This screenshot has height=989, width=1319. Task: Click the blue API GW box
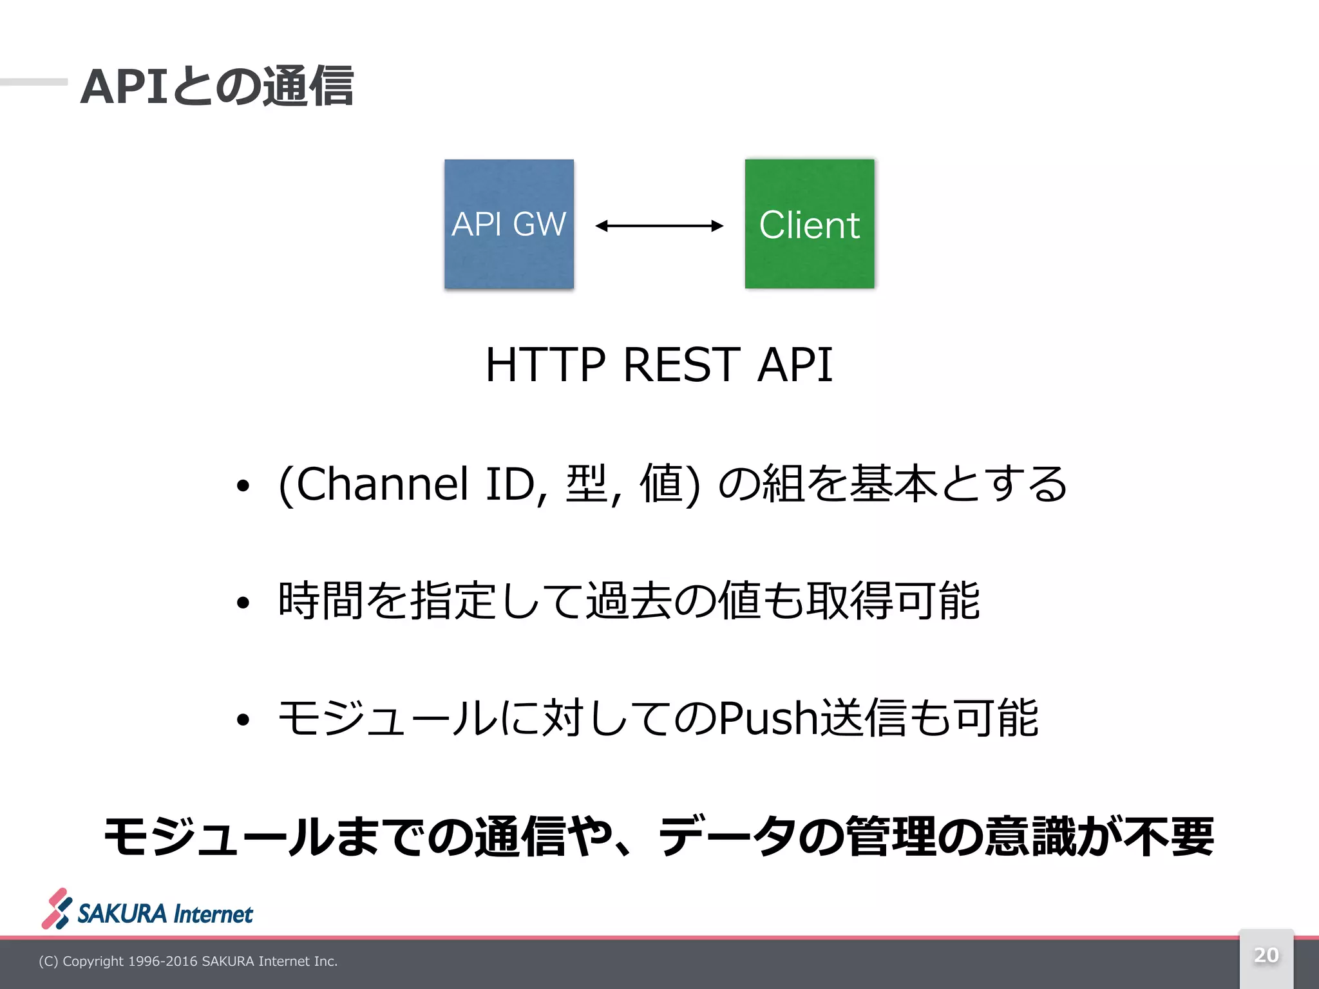coord(509,223)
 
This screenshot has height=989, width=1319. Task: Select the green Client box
coord(810,223)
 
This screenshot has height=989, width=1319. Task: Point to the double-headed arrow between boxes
coord(659,225)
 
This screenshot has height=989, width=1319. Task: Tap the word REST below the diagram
coord(681,365)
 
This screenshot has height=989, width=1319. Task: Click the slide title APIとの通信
coord(217,86)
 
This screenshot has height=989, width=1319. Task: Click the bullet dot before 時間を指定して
coord(242,603)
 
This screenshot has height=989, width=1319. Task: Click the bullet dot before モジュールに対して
coord(242,720)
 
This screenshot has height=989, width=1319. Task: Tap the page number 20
coord(1266,955)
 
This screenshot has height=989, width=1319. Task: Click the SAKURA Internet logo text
coord(166,914)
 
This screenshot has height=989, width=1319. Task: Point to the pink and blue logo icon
coord(57,909)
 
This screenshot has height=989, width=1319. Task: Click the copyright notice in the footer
coord(188,961)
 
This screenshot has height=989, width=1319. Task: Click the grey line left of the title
coord(33,82)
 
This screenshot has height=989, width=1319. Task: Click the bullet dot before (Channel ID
coord(242,486)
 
